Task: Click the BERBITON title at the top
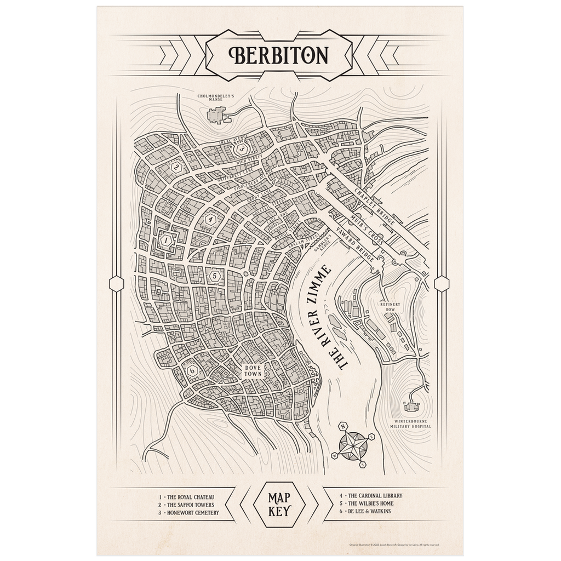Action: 280,55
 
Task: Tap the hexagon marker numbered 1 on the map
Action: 165,239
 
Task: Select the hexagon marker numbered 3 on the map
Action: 244,148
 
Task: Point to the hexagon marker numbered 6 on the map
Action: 192,370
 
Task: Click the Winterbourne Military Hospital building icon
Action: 411,407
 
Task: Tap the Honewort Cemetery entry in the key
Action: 188,513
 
